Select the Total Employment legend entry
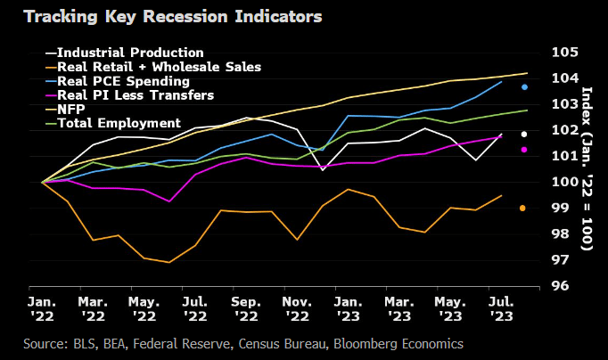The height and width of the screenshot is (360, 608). [119, 123]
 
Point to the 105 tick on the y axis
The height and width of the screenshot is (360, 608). [564, 52]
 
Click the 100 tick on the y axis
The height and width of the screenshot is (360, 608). [564, 182]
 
